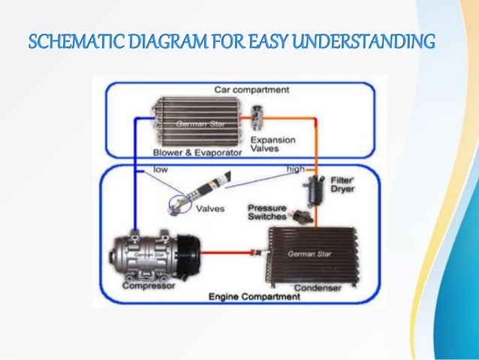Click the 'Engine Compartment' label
point(255,298)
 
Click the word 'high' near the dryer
point(296,169)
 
